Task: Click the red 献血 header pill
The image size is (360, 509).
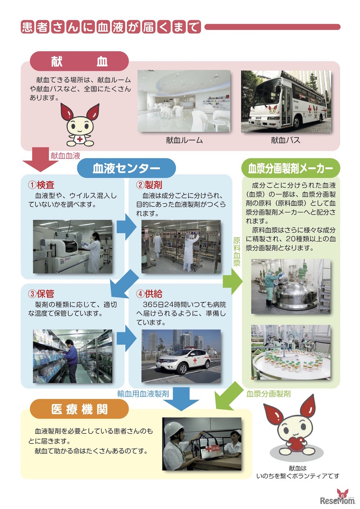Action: (79, 61)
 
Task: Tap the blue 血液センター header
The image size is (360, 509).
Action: (126, 168)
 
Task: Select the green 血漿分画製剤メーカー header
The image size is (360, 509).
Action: (291, 168)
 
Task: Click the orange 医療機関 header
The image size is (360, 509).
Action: (79, 409)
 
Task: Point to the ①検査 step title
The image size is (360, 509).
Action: (41, 185)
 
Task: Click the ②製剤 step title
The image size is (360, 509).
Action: (149, 185)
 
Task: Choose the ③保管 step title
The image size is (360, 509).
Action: (41, 294)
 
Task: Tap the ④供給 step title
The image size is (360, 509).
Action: (149, 294)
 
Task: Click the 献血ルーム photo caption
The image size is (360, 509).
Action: (184, 140)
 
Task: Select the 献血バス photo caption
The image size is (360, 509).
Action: (286, 140)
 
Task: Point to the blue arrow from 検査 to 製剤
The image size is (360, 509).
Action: (126, 227)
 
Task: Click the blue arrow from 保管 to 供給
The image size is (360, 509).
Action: (126, 338)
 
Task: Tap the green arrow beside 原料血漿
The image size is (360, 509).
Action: (233, 282)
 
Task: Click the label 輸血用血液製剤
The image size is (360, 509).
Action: (143, 394)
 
